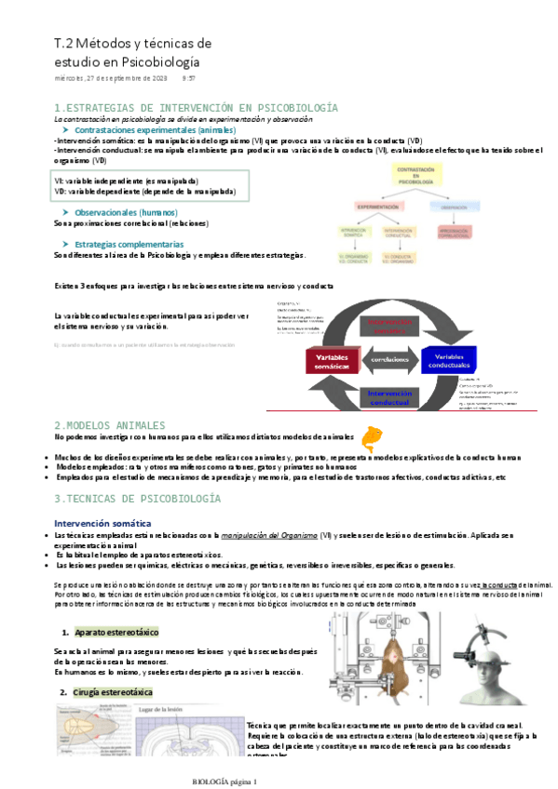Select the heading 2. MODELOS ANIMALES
coord(109,424)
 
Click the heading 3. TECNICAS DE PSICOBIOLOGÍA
coord(138,500)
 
